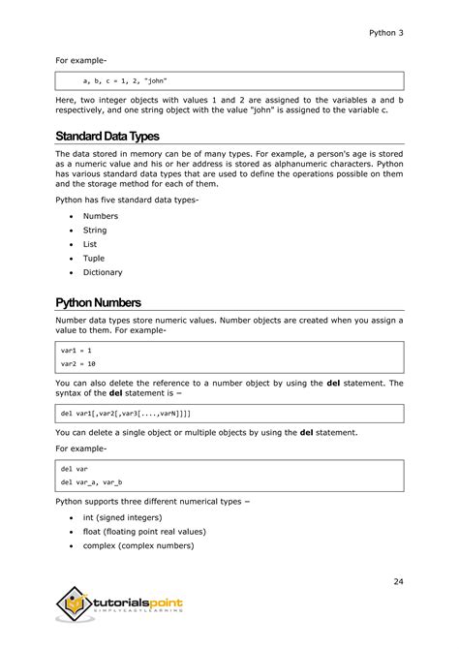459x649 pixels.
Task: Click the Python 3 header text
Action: click(x=385, y=32)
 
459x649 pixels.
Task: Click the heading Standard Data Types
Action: click(x=107, y=137)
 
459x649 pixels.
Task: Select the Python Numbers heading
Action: click(x=98, y=302)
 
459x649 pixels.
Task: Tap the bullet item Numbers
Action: click(x=101, y=216)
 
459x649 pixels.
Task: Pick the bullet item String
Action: click(x=95, y=231)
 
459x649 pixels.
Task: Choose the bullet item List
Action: click(x=90, y=244)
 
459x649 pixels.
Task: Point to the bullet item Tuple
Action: click(x=94, y=259)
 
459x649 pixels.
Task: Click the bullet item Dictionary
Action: click(x=103, y=272)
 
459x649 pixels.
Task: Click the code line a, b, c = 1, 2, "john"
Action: click(x=132, y=80)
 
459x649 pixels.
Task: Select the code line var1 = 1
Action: click(x=76, y=349)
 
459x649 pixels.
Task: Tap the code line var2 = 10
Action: click(x=78, y=363)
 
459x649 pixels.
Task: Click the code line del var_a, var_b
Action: click(x=91, y=481)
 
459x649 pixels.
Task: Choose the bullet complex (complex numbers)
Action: click(x=138, y=545)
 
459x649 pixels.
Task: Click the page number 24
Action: click(x=398, y=581)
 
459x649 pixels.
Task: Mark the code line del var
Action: click(x=74, y=468)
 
